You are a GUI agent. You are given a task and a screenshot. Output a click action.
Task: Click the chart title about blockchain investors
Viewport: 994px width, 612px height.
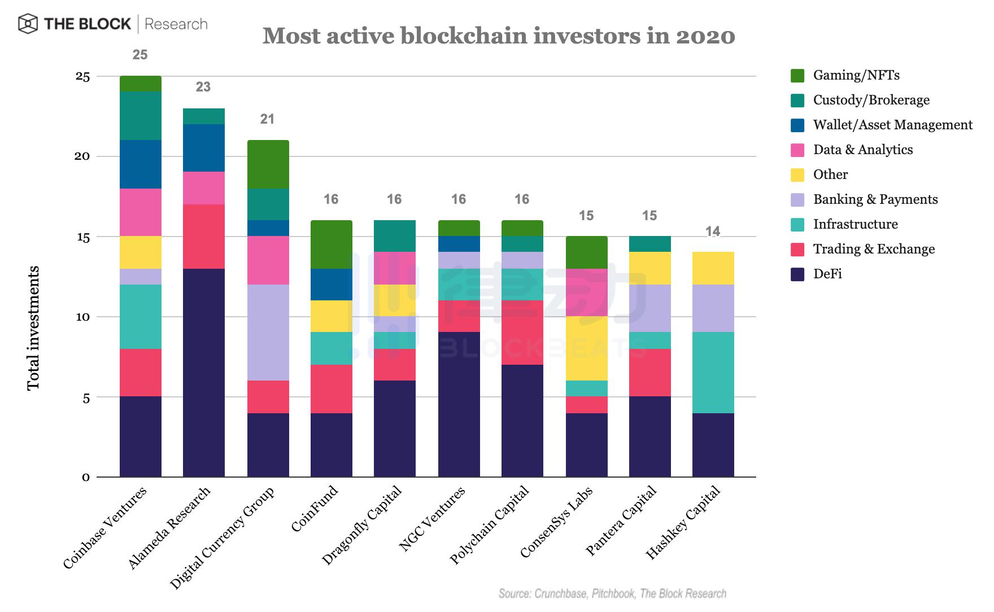pos(499,36)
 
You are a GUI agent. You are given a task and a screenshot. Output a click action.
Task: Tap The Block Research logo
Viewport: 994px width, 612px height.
pos(113,24)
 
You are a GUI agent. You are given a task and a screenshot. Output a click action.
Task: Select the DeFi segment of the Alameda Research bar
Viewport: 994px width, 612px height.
pos(204,373)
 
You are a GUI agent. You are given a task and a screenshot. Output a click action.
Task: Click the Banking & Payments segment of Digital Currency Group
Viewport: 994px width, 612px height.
pos(268,333)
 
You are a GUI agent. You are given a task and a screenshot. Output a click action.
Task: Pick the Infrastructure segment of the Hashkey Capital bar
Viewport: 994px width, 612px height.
pos(713,373)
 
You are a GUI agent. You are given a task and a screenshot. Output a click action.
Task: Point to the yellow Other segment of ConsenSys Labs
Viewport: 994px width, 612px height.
pos(586,348)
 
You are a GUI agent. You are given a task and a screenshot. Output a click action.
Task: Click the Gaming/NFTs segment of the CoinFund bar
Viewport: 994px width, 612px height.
pos(332,244)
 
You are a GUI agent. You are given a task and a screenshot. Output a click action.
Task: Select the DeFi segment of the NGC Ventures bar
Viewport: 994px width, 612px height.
pos(459,404)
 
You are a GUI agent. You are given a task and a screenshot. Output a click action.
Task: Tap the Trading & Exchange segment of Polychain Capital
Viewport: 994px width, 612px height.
pos(522,333)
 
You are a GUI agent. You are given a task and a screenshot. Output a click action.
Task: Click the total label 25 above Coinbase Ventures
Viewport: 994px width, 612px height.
pos(140,55)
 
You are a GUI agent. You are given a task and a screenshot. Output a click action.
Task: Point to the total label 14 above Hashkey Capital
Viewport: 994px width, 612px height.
pos(713,231)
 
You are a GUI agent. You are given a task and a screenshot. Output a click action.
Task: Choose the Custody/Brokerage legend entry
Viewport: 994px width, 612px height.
pos(871,100)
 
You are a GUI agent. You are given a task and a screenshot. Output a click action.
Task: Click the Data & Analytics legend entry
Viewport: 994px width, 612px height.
pos(862,150)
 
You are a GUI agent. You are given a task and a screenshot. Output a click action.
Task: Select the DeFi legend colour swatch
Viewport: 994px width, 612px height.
pos(797,274)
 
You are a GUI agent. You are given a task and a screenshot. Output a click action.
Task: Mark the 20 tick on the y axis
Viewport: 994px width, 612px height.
pos(82,156)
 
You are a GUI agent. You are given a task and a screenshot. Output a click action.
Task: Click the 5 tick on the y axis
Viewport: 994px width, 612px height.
pos(86,397)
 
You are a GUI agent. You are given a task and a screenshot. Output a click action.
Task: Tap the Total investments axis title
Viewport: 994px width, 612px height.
pos(34,327)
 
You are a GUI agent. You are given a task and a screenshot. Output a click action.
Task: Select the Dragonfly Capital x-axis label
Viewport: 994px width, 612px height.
pos(362,525)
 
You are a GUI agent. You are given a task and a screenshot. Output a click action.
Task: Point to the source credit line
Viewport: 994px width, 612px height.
pos(612,593)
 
